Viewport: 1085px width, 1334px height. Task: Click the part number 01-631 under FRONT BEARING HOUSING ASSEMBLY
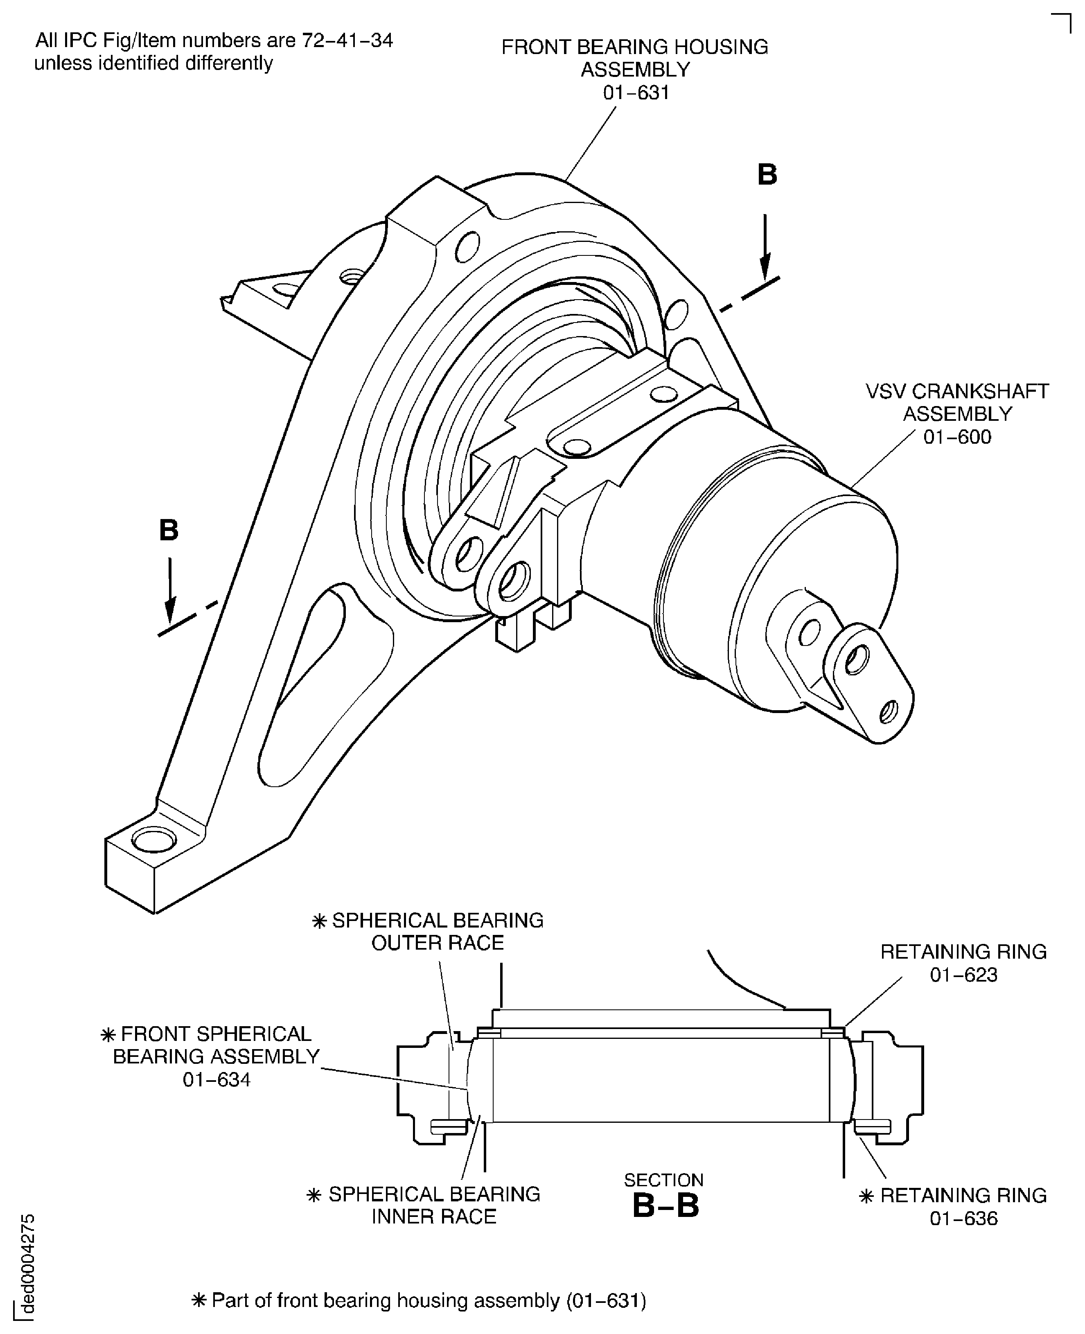(636, 93)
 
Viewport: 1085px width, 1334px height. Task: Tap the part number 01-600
(957, 436)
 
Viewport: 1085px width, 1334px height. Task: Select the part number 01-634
(216, 1079)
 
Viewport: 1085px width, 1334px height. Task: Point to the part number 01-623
(963, 975)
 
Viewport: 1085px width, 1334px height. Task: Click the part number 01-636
(963, 1218)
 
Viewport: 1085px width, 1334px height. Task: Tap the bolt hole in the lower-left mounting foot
(154, 841)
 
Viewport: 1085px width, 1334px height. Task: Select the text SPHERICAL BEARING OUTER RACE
(437, 931)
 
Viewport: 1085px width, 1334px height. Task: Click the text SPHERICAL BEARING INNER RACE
(434, 1205)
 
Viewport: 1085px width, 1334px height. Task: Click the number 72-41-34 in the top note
(347, 40)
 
